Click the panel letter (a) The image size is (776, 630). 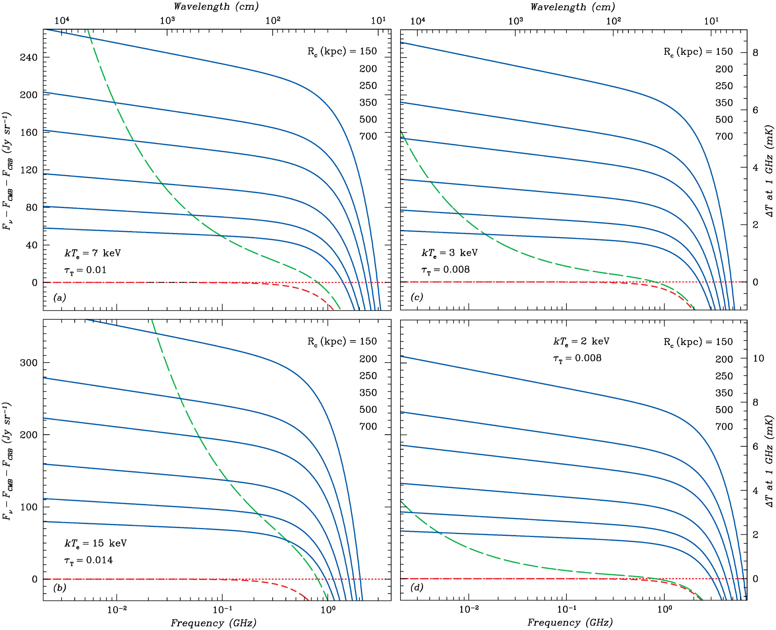(60, 298)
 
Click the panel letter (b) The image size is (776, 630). (60, 587)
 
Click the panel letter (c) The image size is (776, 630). (417, 297)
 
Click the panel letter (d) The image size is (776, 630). (417, 587)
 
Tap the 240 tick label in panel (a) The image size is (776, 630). (29, 58)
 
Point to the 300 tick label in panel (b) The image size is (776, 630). (29, 363)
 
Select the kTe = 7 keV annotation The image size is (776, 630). (93, 253)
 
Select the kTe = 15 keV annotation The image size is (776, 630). (96, 543)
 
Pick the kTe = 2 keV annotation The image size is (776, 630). (581, 341)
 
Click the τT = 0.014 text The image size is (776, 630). (89, 560)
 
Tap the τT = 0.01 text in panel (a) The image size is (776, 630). (86, 270)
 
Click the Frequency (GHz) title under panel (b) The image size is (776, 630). (213, 623)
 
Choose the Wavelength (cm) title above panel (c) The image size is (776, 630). (572, 7)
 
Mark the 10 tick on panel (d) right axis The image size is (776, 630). (758, 359)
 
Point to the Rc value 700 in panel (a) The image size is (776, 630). (368, 136)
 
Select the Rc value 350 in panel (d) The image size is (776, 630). (724, 393)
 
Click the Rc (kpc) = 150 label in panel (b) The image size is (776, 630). (342, 341)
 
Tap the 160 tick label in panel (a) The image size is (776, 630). (29, 133)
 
